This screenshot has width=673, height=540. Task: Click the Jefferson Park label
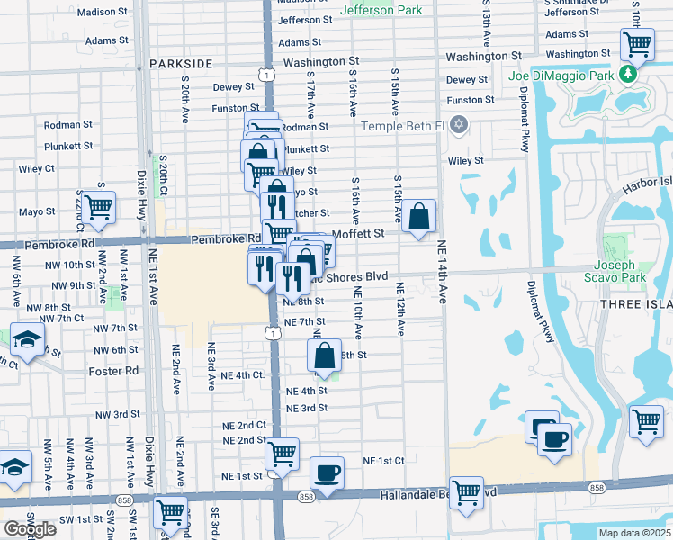click(x=381, y=11)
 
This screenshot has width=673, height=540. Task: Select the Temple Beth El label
click(x=403, y=126)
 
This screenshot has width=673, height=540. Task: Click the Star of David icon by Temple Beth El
click(x=459, y=123)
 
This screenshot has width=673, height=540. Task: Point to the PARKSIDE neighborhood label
click(x=181, y=64)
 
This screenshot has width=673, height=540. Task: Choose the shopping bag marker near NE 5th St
click(x=324, y=355)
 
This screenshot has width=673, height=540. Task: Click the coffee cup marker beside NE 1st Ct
click(x=327, y=472)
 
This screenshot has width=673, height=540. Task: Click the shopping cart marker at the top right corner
click(x=637, y=43)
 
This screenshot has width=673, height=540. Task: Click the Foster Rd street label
click(x=113, y=371)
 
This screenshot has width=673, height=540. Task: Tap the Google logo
click(x=30, y=528)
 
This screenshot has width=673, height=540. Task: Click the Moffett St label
click(x=358, y=233)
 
